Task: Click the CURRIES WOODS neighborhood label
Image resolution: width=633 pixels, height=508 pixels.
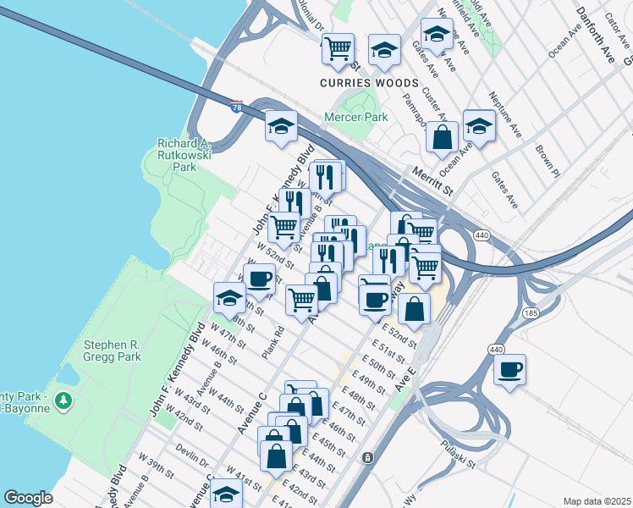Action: (x=369, y=83)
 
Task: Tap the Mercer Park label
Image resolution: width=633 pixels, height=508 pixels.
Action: (x=357, y=118)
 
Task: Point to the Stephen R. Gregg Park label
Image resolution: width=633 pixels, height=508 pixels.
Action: (x=124, y=351)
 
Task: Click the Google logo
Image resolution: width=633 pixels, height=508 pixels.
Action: (x=29, y=498)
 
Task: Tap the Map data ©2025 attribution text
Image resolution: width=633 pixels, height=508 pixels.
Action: (x=597, y=501)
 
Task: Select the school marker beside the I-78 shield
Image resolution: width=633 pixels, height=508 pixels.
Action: (x=281, y=127)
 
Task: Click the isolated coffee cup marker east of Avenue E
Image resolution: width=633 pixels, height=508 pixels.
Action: (x=509, y=369)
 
